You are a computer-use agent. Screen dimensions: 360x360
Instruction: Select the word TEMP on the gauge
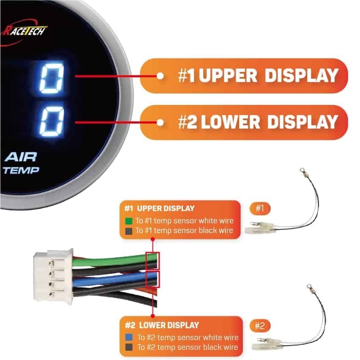[21, 170]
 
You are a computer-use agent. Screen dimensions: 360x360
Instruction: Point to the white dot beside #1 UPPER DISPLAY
[160, 76]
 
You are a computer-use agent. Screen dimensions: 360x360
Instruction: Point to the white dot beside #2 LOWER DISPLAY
[160, 123]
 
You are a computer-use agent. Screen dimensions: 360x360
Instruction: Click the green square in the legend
[129, 221]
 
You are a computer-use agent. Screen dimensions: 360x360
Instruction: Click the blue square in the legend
[129, 338]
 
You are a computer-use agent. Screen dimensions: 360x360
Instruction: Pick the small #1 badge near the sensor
[260, 208]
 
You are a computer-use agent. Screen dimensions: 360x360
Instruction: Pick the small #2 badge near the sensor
[260, 326]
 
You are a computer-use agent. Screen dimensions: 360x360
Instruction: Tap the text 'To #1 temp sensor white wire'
[184, 221]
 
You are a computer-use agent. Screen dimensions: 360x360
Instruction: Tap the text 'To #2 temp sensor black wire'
[187, 347]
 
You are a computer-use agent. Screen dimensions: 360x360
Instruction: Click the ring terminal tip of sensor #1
[302, 171]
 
